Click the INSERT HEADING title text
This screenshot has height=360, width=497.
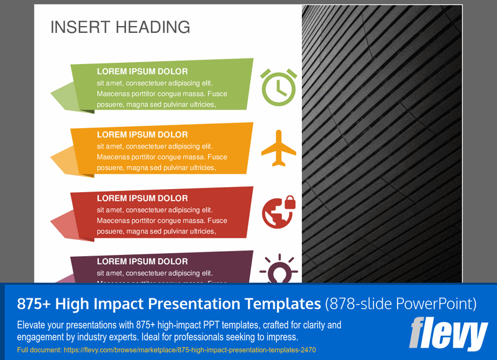[x=120, y=27]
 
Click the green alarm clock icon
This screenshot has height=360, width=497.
[x=278, y=87]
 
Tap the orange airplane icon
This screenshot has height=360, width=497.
[x=278, y=148]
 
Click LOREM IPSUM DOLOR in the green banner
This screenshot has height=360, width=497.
[x=142, y=72]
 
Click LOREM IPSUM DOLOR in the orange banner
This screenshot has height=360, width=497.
[x=142, y=134]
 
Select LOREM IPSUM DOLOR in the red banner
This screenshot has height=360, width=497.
[x=142, y=198]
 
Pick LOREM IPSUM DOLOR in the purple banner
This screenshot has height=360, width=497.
[x=142, y=262]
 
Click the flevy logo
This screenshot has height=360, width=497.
[x=448, y=334]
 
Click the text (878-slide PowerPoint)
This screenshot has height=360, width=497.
[x=401, y=304]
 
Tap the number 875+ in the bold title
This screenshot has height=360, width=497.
[x=33, y=304]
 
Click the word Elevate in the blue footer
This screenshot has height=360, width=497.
[x=32, y=325]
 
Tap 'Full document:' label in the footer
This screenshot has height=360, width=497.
[x=38, y=351]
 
